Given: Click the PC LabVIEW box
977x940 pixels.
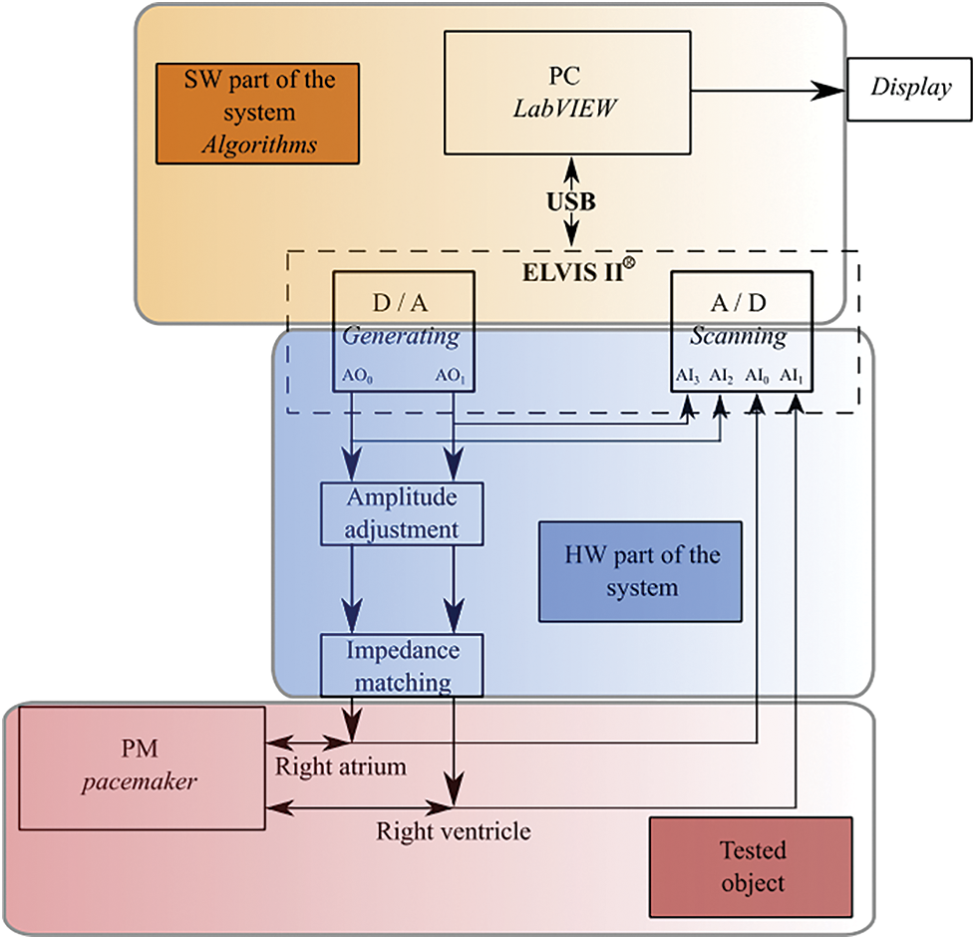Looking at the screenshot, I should coord(567,92).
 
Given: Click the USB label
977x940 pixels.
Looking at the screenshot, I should coord(572,202).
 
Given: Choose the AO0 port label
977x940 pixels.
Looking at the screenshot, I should coord(356,377).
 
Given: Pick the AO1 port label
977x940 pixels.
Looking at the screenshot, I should coord(450,377).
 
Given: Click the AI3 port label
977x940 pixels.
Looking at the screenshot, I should coord(688,377).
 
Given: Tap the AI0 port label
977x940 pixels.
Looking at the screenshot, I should coord(757,377).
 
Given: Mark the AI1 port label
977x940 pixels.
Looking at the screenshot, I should coord(792,377).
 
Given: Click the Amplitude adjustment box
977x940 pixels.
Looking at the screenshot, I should coord(403,512).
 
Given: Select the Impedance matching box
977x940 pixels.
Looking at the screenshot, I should coord(403,666).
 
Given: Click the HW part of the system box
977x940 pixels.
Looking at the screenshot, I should coord(640,570).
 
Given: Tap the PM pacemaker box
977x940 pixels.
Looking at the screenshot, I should coord(142,767).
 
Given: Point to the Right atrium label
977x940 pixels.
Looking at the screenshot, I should coord(327,768).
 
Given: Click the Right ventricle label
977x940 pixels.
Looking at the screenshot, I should coord(454,829).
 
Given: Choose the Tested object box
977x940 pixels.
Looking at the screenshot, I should coord(752,866).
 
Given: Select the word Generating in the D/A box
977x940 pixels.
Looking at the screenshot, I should coord(402,336).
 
